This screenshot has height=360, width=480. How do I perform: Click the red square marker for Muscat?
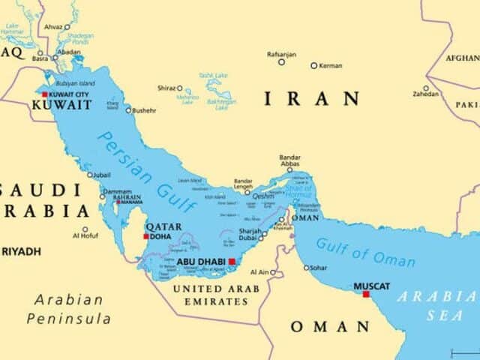[366, 294]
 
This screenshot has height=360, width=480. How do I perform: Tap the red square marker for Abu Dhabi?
[232, 262]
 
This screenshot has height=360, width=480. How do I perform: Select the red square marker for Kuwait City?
[45, 94]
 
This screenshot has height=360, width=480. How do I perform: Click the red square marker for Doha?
[145, 236]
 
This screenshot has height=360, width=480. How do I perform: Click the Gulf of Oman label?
[365, 252]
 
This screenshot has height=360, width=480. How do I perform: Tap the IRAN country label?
[311, 98]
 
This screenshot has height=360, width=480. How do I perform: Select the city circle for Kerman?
[314, 65]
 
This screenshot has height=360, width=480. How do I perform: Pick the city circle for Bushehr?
[128, 110]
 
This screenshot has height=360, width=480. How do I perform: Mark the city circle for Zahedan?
[426, 88]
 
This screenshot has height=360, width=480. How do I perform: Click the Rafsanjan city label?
[281, 54]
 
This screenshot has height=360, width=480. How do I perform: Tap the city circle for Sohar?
[306, 268]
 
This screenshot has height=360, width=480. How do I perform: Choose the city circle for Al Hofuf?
[85, 229]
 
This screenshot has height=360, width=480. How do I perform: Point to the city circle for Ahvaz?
[67, 27]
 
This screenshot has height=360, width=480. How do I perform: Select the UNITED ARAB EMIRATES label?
[216, 295]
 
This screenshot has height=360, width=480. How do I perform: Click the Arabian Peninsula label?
[69, 309]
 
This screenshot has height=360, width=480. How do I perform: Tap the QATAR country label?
[163, 226]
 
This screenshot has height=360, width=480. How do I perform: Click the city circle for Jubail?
[89, 175]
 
